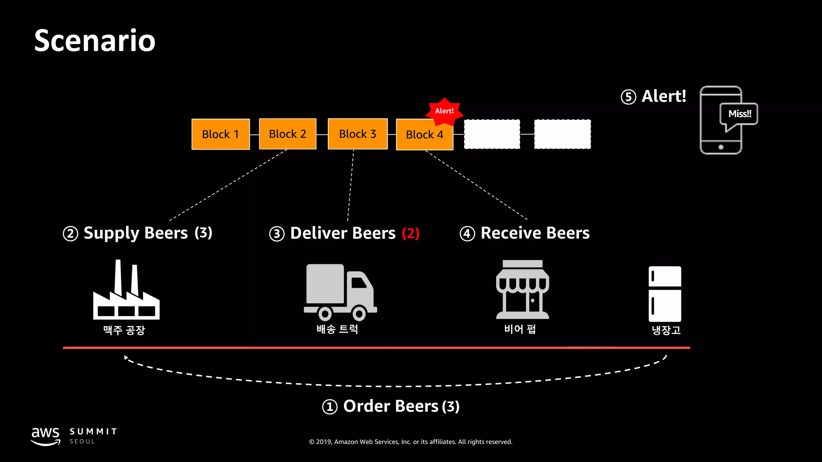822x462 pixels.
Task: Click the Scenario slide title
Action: [95, 41]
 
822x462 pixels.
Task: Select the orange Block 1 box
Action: [220, 134]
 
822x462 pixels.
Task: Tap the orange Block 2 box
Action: [287, 134]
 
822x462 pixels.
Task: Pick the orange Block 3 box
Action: [357, 134]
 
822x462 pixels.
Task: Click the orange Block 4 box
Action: [424, 135]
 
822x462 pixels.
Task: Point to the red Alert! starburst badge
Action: [444, 111]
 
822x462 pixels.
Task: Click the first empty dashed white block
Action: [492, 134]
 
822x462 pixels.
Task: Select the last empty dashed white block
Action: [562, 134]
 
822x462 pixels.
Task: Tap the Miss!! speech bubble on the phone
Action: [739, 114]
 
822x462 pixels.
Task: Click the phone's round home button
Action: [721, 147]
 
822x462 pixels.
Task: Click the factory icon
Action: [126, 291]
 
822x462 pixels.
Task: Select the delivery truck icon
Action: [340, 292]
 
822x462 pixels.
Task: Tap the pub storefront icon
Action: [522, 290]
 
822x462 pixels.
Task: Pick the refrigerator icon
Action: [665, 294]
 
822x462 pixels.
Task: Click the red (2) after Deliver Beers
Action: [411, 233]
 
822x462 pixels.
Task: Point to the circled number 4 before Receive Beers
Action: [467, 233]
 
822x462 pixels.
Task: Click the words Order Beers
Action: [391, 406]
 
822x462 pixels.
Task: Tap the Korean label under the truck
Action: [337, 329]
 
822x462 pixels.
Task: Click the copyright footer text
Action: [411, 442]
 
